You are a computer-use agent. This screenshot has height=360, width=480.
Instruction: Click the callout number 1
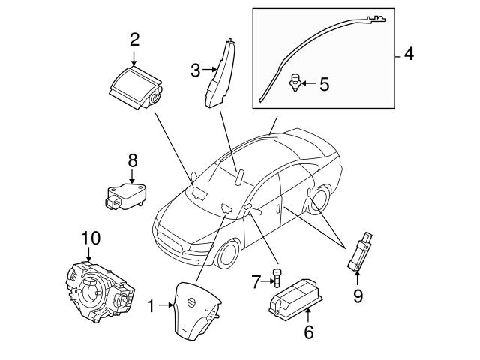pyautogui.click(x=150, y=306)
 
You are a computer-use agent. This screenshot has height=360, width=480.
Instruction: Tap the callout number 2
pyautogui.click(x=134, y=39)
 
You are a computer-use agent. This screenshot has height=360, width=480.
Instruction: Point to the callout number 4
pyautogui.click(x=408, y=54)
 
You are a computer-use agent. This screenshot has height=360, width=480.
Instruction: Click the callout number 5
pyautogui.click(x=324, y=83)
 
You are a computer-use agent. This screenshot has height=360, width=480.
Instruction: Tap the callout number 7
pyautogui.click(x=255, y=282)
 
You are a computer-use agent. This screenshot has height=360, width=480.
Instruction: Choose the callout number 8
pyautogui.click(x=132, y=160)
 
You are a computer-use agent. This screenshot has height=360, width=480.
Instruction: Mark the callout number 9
pyautogui.click(x=358, y=295)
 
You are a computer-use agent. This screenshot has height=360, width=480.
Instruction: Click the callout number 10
pyautogui.click(x=90, y=238)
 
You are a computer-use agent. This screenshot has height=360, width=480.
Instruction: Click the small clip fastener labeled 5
pyautogui.click(x=296, y=82)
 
